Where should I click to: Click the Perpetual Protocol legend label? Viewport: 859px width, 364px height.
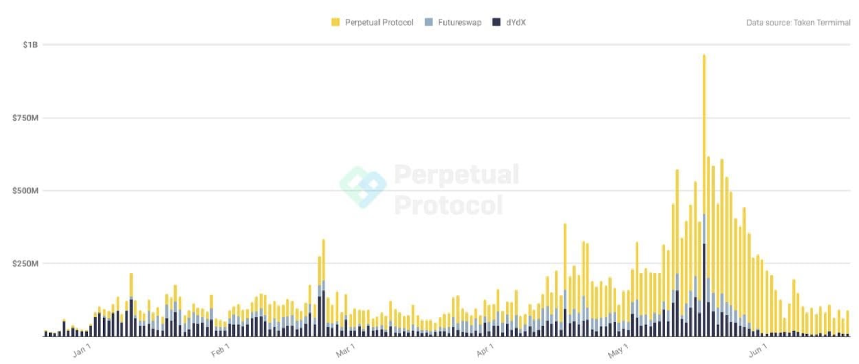pos(379,23)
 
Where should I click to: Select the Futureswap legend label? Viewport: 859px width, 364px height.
pos(460,23)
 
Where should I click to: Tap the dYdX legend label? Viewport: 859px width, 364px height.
pos(516,23)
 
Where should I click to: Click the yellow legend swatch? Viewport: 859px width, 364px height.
pos(336,22)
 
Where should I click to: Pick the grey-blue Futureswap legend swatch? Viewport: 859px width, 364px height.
pos(429,22)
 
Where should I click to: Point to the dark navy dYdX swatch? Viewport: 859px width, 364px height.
pos(497,22)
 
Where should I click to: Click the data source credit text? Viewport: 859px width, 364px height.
pos(798,23)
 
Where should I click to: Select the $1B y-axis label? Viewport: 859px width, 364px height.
pos(30,45)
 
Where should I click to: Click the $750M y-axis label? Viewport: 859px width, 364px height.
pos(25,118)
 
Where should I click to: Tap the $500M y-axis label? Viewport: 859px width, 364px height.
pos(25,191)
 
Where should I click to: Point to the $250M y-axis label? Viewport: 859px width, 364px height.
pos(25,264)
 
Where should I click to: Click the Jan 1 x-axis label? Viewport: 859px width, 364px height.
pos(82,350)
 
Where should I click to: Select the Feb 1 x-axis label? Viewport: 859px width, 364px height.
pos(220,350)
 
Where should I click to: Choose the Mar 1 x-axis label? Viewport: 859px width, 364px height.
pos(346,350)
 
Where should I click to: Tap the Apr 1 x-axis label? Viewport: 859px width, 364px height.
pos(485,350)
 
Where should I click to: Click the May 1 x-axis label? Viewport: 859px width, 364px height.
pos(618,351)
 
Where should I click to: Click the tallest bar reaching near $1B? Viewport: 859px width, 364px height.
pos(704,195)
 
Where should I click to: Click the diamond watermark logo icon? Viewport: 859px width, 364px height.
pos(363,187)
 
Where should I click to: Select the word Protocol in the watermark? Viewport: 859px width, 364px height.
pos(448,205)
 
